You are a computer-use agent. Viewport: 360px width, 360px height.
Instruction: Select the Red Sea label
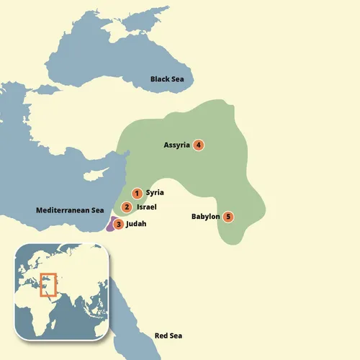point(169,336)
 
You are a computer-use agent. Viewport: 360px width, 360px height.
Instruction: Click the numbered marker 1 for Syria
point(136,193)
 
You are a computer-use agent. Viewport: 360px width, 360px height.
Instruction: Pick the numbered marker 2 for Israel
point(127,207)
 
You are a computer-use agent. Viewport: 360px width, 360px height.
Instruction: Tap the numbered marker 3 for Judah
point(119,225)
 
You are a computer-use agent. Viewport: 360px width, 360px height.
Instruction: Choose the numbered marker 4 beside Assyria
point(199,145)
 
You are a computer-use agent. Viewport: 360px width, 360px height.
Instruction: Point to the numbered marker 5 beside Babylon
point(228,216)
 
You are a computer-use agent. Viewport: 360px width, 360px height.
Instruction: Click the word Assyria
point(176,145)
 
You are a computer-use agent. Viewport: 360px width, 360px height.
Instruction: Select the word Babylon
point(205,216)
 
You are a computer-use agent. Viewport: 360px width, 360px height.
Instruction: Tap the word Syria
point(155,193)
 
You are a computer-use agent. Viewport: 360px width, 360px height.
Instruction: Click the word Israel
point(146,207)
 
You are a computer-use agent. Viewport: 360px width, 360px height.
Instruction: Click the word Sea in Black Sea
point(177,78)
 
